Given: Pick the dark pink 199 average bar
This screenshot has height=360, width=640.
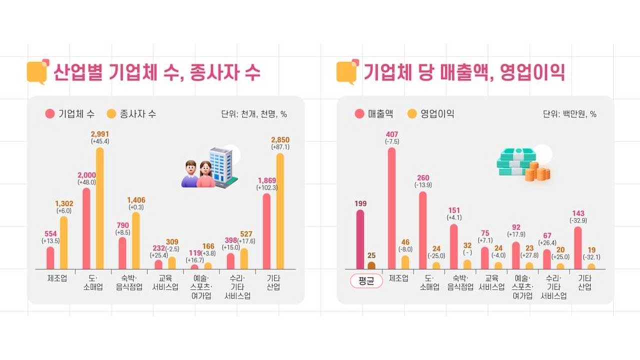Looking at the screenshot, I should [x=360, y=239].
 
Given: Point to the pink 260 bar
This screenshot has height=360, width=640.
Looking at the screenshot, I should [x=422, y=230].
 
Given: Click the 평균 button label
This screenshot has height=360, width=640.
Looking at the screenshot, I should [x=365, y=281].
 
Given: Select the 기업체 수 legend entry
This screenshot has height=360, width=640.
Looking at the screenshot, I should [x=69, y=113].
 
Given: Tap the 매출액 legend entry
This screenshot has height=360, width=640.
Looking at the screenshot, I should [x=374, y=113].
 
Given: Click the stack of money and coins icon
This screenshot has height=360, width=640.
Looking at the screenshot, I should [x=522, y=163].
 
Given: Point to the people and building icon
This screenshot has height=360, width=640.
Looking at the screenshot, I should [x=209, y=167].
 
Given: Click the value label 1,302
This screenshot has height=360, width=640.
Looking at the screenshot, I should [x=63, y=203].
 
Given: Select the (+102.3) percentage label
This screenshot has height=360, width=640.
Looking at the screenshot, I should [x=266, y=187].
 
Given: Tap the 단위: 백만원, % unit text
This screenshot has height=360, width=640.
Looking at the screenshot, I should [x=569, y=114].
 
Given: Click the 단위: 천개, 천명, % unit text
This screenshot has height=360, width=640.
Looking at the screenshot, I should [x=253, y=114].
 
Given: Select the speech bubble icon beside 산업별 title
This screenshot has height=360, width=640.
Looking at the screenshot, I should [x=37, y=71].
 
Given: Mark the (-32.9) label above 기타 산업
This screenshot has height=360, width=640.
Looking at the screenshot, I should [x=578, y=220].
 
